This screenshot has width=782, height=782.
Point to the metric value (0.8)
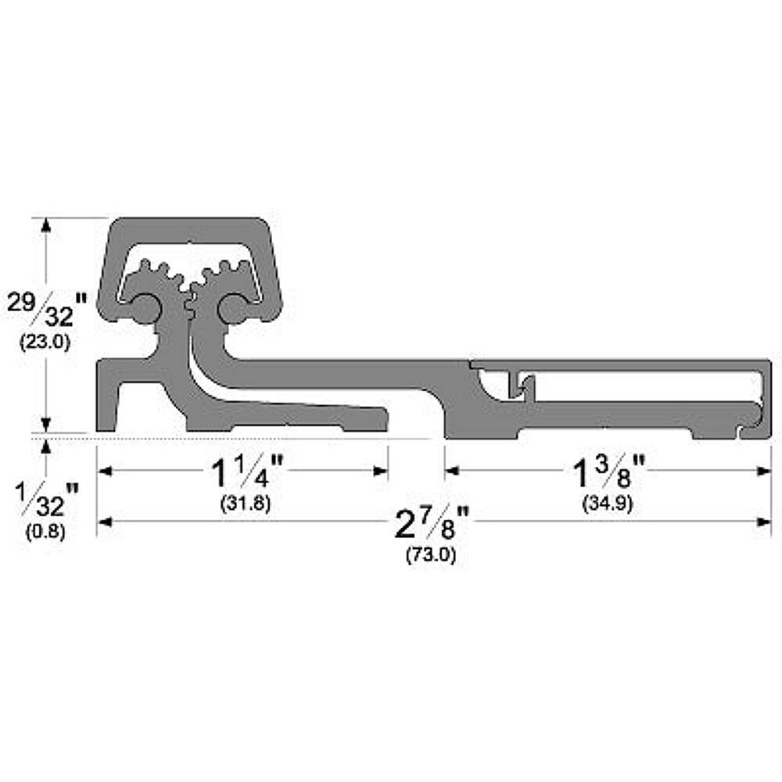click(x=47, y=530)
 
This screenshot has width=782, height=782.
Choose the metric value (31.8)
click(x=245, y=504)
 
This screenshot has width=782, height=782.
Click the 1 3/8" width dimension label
click(x=608, y=472)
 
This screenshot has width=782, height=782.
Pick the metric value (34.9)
click(x=608, y=504)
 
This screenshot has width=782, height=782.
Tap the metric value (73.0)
click(x=431, y=555)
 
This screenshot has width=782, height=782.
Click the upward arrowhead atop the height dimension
click(x=46, y=226)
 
